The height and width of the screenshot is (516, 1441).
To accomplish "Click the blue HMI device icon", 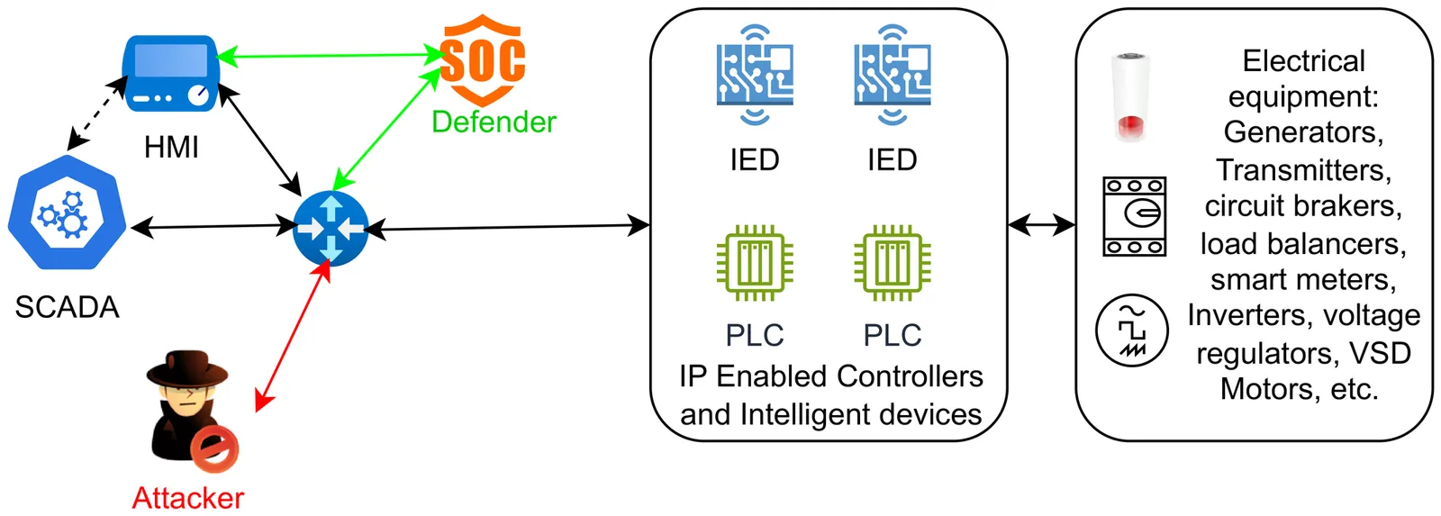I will pos(170,73).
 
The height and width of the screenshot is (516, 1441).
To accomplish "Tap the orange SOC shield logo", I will pos(483,59).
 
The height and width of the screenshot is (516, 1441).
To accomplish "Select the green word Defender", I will pos(494,122).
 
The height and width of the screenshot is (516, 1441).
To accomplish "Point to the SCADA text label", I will pos(67,307).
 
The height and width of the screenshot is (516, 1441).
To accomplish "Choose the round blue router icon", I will pos(331,228).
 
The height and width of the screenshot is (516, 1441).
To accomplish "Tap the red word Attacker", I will pos(187,497).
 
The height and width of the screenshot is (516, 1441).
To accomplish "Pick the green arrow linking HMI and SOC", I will pos(330,56).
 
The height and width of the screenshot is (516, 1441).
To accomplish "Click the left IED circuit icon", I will pos(755,74).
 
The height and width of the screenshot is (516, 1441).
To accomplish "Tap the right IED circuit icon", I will pos(892,74).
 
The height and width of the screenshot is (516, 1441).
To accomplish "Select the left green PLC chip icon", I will pos(755,263).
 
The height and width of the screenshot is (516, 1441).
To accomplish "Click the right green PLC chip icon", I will pos(892,263).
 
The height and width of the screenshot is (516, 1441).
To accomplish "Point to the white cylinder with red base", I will pos(1131,97).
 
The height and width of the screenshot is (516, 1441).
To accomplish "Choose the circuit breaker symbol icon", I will pos(1134,216).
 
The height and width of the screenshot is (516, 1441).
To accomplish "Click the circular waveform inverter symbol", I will pos(1131,330).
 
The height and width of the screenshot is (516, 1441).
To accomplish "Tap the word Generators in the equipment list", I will pos(1302,132).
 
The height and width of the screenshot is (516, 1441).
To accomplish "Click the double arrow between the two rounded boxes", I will pos(1041,224).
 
